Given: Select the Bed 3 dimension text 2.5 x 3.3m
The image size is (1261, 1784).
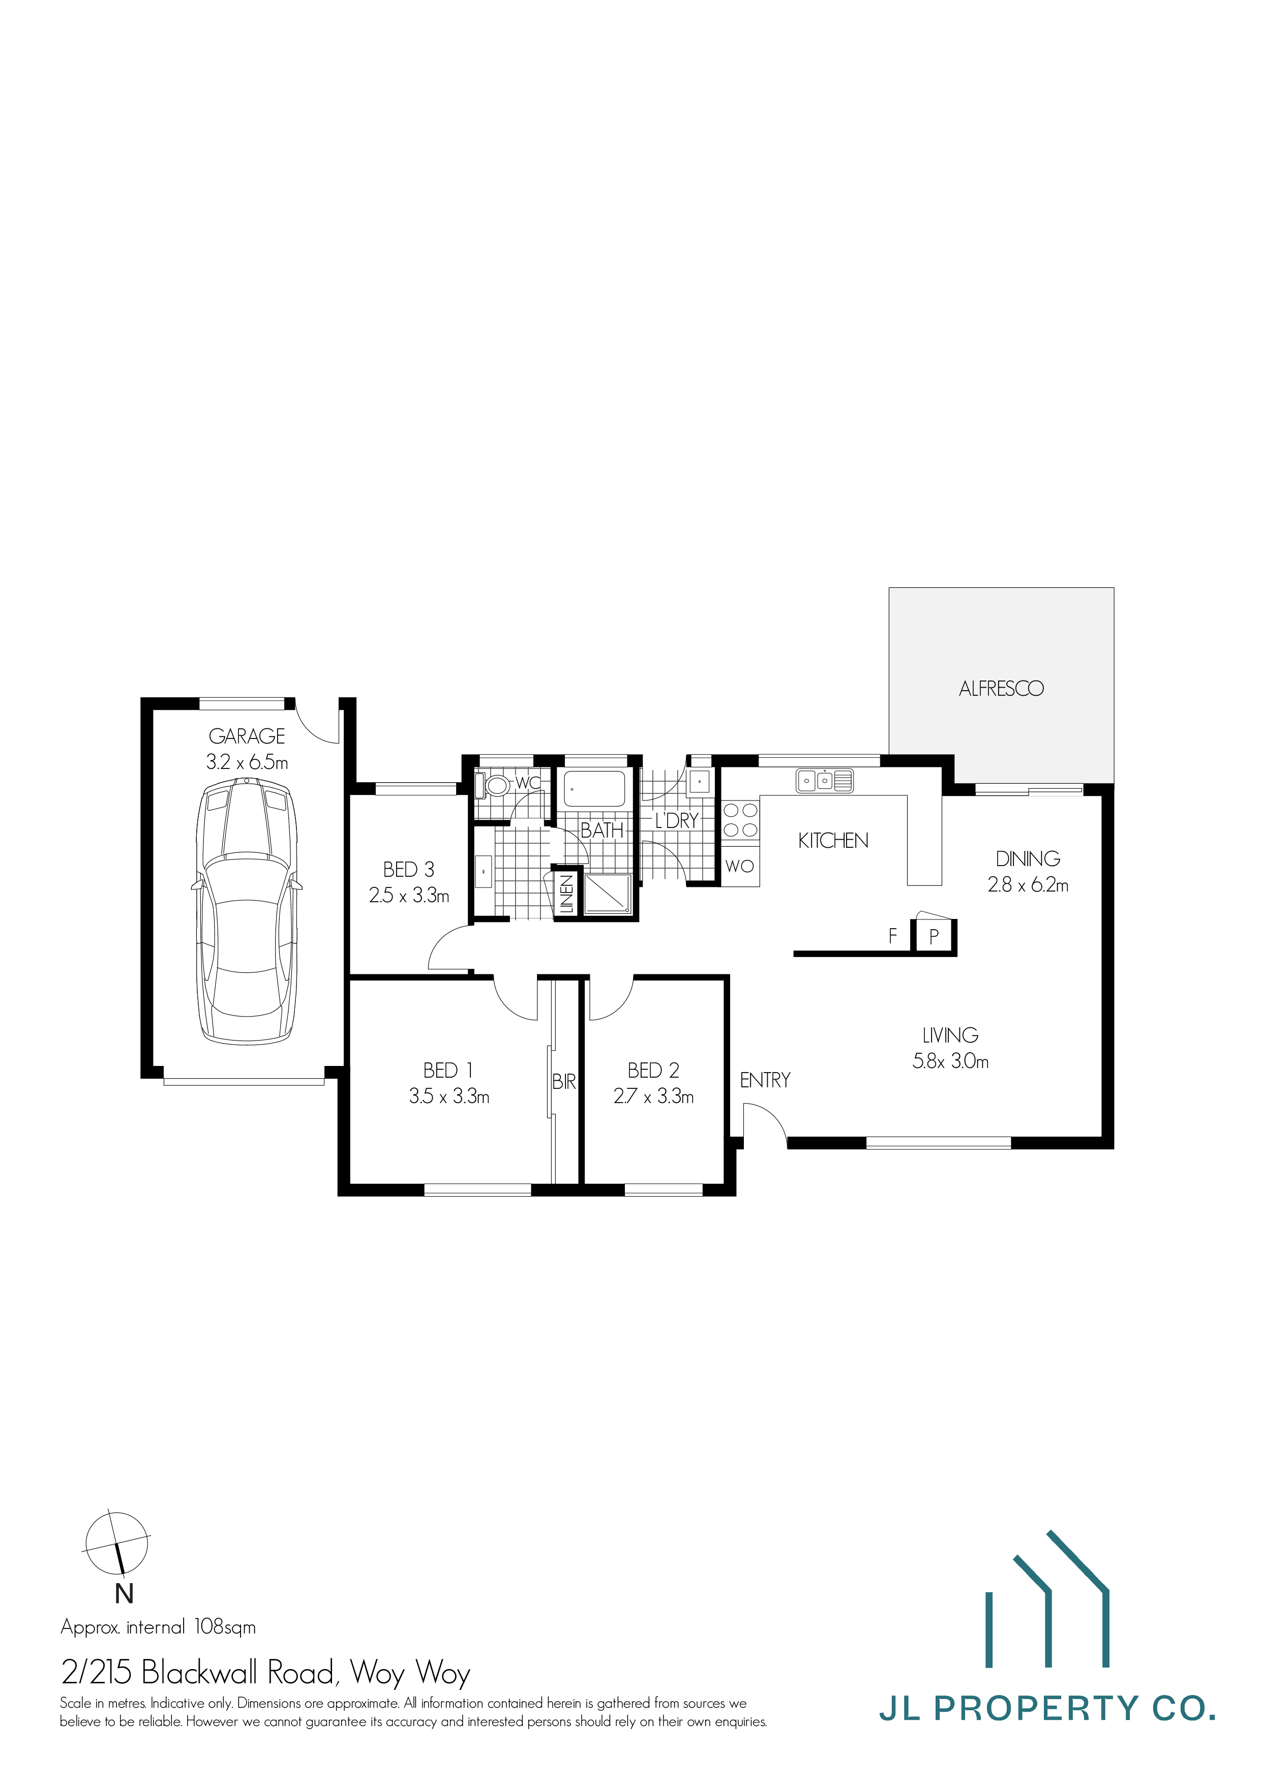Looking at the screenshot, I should (x=409, y=896).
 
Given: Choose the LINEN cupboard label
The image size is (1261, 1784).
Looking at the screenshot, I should (x=566, y=895).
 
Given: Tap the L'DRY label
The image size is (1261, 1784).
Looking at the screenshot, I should (x=676, y=820).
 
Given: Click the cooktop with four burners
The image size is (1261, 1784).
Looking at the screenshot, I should (x=740, y=820).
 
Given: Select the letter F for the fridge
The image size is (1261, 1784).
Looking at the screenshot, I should (x=893, y=936).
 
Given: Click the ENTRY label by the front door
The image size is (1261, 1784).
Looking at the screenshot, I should (x=765, y=1080).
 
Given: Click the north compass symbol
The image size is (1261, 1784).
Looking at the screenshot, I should (x=116, y=1541).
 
